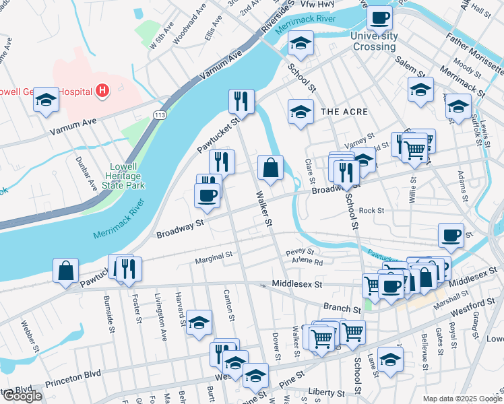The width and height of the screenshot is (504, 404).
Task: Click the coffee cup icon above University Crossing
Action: pos(379,18)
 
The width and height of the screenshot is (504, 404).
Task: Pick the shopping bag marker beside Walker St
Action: pos(270,168)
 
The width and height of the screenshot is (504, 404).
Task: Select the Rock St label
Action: pos(371,210)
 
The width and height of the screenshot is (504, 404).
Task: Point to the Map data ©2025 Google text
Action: pos(462,399)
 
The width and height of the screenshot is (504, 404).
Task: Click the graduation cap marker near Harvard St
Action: pos(199,323)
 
